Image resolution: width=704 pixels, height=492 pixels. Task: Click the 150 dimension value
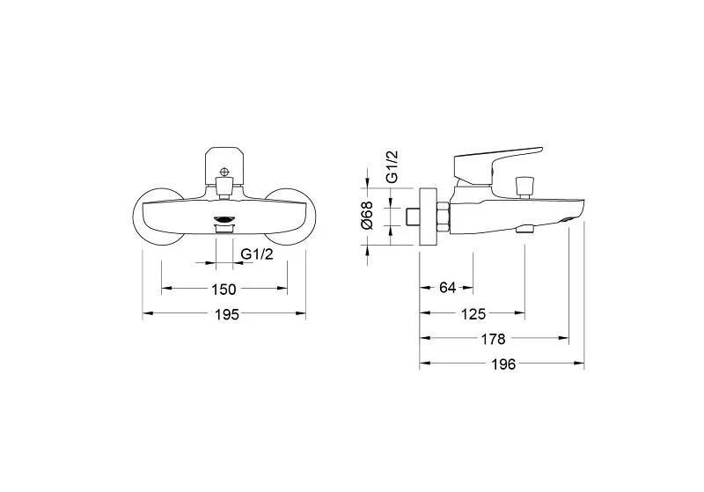coord(224,290)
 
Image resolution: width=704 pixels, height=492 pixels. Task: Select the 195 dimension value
coord(227,315)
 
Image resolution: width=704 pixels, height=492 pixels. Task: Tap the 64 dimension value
coord(448,287)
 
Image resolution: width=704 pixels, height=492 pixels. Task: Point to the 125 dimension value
coord(473,314)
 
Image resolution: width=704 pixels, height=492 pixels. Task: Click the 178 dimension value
coord(493,339)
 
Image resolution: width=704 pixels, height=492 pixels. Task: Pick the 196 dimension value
coord(503,364)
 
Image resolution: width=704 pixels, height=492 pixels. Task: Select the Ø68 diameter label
coord(367,216)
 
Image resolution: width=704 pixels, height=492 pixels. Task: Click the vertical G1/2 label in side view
coord(392,166)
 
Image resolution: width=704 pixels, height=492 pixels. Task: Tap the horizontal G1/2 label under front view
coord(257,254)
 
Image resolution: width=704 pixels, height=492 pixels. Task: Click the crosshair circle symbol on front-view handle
coord(224,172)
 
